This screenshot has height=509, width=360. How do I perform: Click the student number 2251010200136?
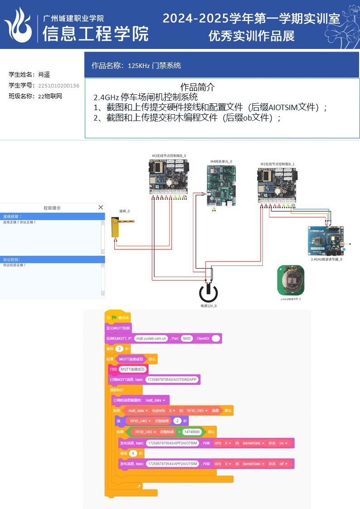[x=58, y=85]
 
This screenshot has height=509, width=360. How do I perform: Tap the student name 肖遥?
[x=44, y=74]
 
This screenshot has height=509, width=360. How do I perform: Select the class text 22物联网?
[x=50, y=96]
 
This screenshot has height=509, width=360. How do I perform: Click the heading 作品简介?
[x=198, y=87]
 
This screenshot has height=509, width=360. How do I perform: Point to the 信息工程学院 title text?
[x=96, y=34]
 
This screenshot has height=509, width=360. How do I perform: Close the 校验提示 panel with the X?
[x=101, y=207]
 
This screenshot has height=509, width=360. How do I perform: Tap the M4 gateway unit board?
[x=222, y=185]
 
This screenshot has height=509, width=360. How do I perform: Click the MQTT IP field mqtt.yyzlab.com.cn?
[x=151, y=339]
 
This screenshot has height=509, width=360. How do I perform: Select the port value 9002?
[x=186, y=339]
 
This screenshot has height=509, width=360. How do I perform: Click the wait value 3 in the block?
[x=119, y=349]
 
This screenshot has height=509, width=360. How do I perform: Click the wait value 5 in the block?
[x=132, y=453]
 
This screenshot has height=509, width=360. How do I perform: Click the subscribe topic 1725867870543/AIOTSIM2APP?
[x=173, y=379]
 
